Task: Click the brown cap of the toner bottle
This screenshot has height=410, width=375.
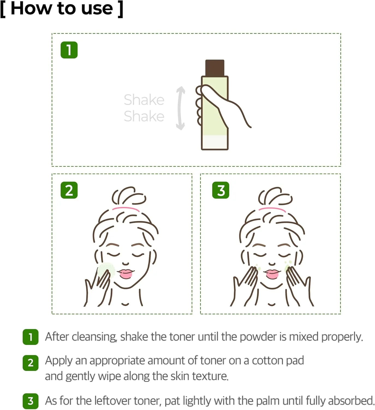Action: click(x=215, y=68)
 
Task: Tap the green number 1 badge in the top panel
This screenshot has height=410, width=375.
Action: click(x=69, y=50)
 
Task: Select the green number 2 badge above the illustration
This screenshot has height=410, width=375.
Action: click(x=69, y=190)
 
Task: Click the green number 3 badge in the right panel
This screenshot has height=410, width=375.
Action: click(x=221, y=190)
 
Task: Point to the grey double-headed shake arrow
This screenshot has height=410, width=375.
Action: click(x=180, y=108)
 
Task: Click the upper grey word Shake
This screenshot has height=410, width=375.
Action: click(x=144, y=100)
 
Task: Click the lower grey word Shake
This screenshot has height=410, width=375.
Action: click(x=144, y=116)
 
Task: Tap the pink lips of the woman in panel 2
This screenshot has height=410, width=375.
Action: click(x=126, y=273)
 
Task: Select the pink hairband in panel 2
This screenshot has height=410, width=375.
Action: click(x=126, y=209)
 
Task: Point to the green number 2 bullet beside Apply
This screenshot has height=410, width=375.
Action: click(x=31, y=363)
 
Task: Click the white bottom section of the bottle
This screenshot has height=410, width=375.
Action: click(x=215, y=142)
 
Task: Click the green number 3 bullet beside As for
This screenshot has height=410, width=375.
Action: click(x=31, y=401)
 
